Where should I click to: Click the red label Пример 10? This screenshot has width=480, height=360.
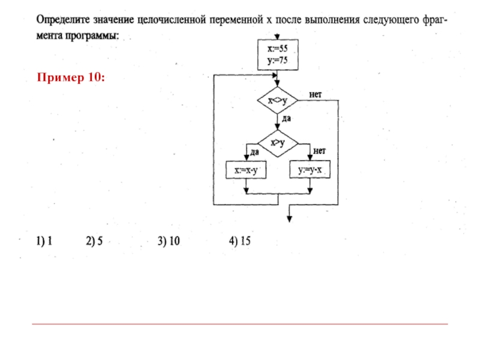pos(71,78)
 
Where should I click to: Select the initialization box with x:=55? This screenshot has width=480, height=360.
pos(277,54)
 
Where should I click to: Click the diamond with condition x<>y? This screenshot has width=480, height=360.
pos(277,100)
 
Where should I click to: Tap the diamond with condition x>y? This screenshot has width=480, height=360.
pos(277,142)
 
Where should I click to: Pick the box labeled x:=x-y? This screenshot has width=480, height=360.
pos(245,170)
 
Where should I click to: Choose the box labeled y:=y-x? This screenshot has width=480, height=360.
pos(310,170)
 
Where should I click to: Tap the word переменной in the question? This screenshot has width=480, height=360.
pos(232,20)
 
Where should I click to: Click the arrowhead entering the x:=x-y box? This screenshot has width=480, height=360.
pos(246,158)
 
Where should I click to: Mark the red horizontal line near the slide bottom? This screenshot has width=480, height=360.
pos(240,324)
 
